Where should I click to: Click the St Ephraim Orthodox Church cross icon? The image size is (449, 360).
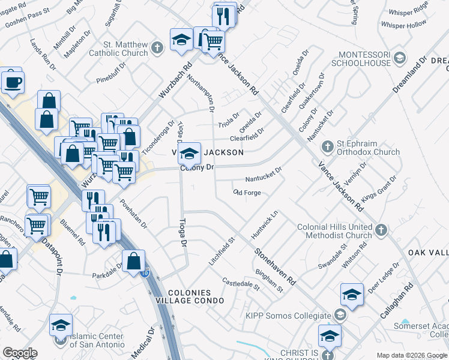[x=328, y=146]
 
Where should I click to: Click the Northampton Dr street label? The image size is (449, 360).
[x=200, y=93]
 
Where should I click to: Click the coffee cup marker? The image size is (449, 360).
[x=12, y=82]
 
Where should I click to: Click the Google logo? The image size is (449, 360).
[x=20, y=353]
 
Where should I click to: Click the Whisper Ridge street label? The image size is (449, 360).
[x=408, y=10]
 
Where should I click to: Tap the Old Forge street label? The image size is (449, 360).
[x=247, y=193]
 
